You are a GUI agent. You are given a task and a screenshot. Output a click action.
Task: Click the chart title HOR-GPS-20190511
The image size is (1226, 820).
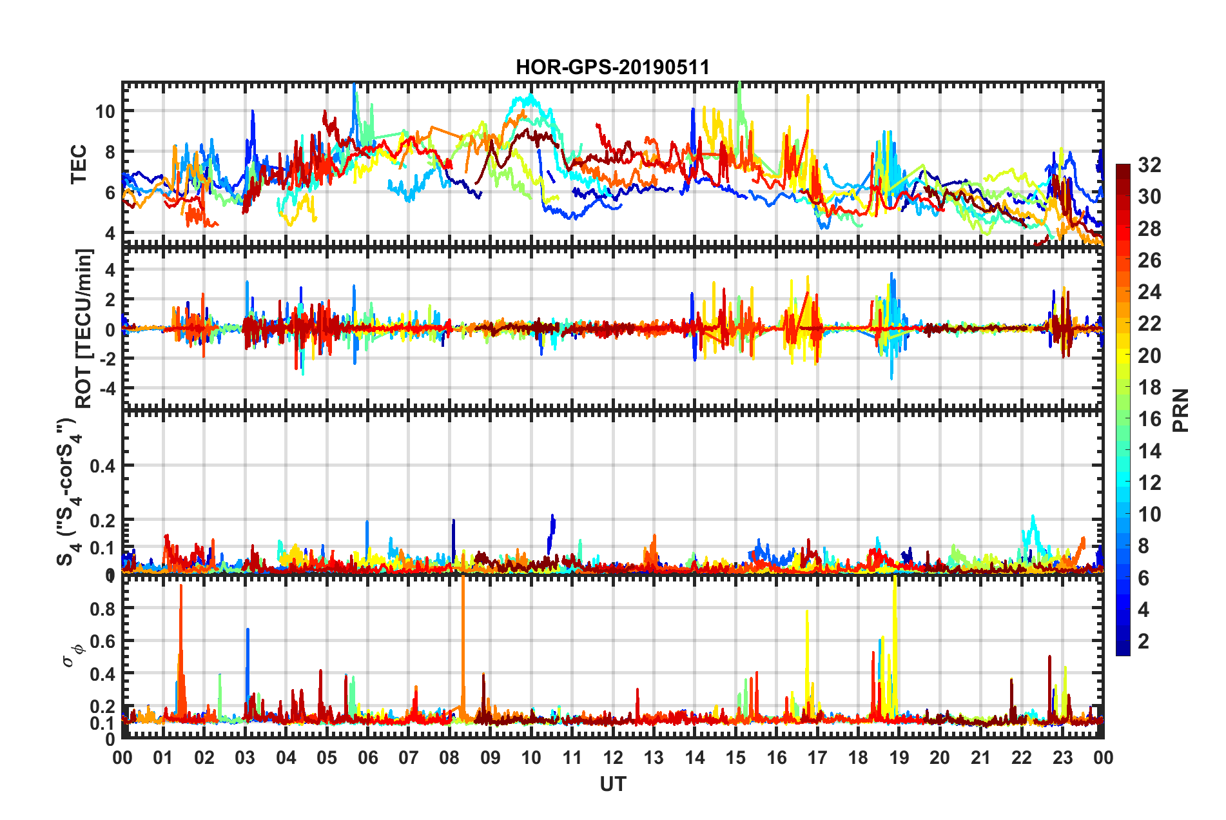click(612, 67)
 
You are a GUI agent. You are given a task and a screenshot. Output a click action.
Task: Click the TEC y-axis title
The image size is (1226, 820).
click(78, 164)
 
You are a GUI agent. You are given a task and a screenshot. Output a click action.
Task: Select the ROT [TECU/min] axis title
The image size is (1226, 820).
click(84, 328)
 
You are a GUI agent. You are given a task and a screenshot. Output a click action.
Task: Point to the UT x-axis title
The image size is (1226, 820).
click(612, 784)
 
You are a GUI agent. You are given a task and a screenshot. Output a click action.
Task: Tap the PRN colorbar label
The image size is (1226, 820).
click(1180, 410)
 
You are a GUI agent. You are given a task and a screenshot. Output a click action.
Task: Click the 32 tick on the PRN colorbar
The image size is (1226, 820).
click(1149, 165)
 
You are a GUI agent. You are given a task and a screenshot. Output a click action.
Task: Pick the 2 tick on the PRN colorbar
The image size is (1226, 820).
click(1143, 641)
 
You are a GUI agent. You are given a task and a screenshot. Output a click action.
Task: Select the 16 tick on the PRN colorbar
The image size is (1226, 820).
click(1149, 419)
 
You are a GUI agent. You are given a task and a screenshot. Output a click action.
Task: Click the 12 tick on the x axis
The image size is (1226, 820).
click(613, 757)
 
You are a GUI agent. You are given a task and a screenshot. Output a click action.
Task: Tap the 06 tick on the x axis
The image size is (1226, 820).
click(367, 757)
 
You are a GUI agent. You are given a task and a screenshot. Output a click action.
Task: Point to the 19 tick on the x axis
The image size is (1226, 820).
click(899, 757)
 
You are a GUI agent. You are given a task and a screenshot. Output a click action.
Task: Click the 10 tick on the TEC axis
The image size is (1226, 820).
click(105, 111)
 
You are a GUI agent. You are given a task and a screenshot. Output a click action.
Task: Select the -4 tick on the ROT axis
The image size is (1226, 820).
click(105, 389)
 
